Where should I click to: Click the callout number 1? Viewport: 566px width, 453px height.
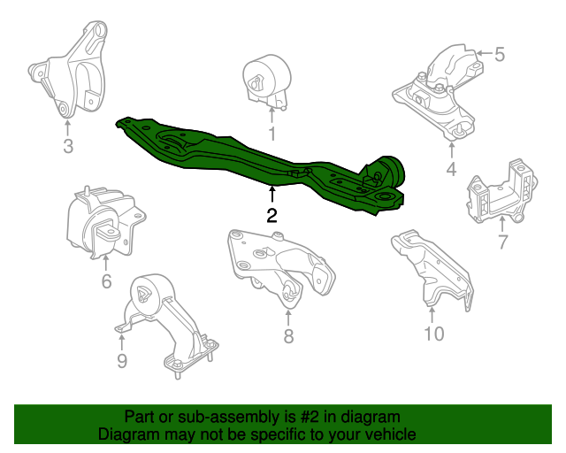click(272, 134)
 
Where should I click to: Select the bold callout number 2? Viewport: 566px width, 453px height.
click(272, 215)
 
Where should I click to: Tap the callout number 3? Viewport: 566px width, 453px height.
click(68, 146)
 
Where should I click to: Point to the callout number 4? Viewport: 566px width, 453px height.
click(451, 169)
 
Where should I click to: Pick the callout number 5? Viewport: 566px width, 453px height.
click(500, 55)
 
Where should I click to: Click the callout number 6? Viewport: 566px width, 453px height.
click(106, 282)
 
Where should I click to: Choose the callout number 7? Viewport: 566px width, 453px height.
click(501, 242)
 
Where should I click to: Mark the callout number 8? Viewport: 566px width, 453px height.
click(288, 335)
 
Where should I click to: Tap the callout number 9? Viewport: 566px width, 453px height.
click(122, 360)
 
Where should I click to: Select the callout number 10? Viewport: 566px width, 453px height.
click(433, 334)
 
